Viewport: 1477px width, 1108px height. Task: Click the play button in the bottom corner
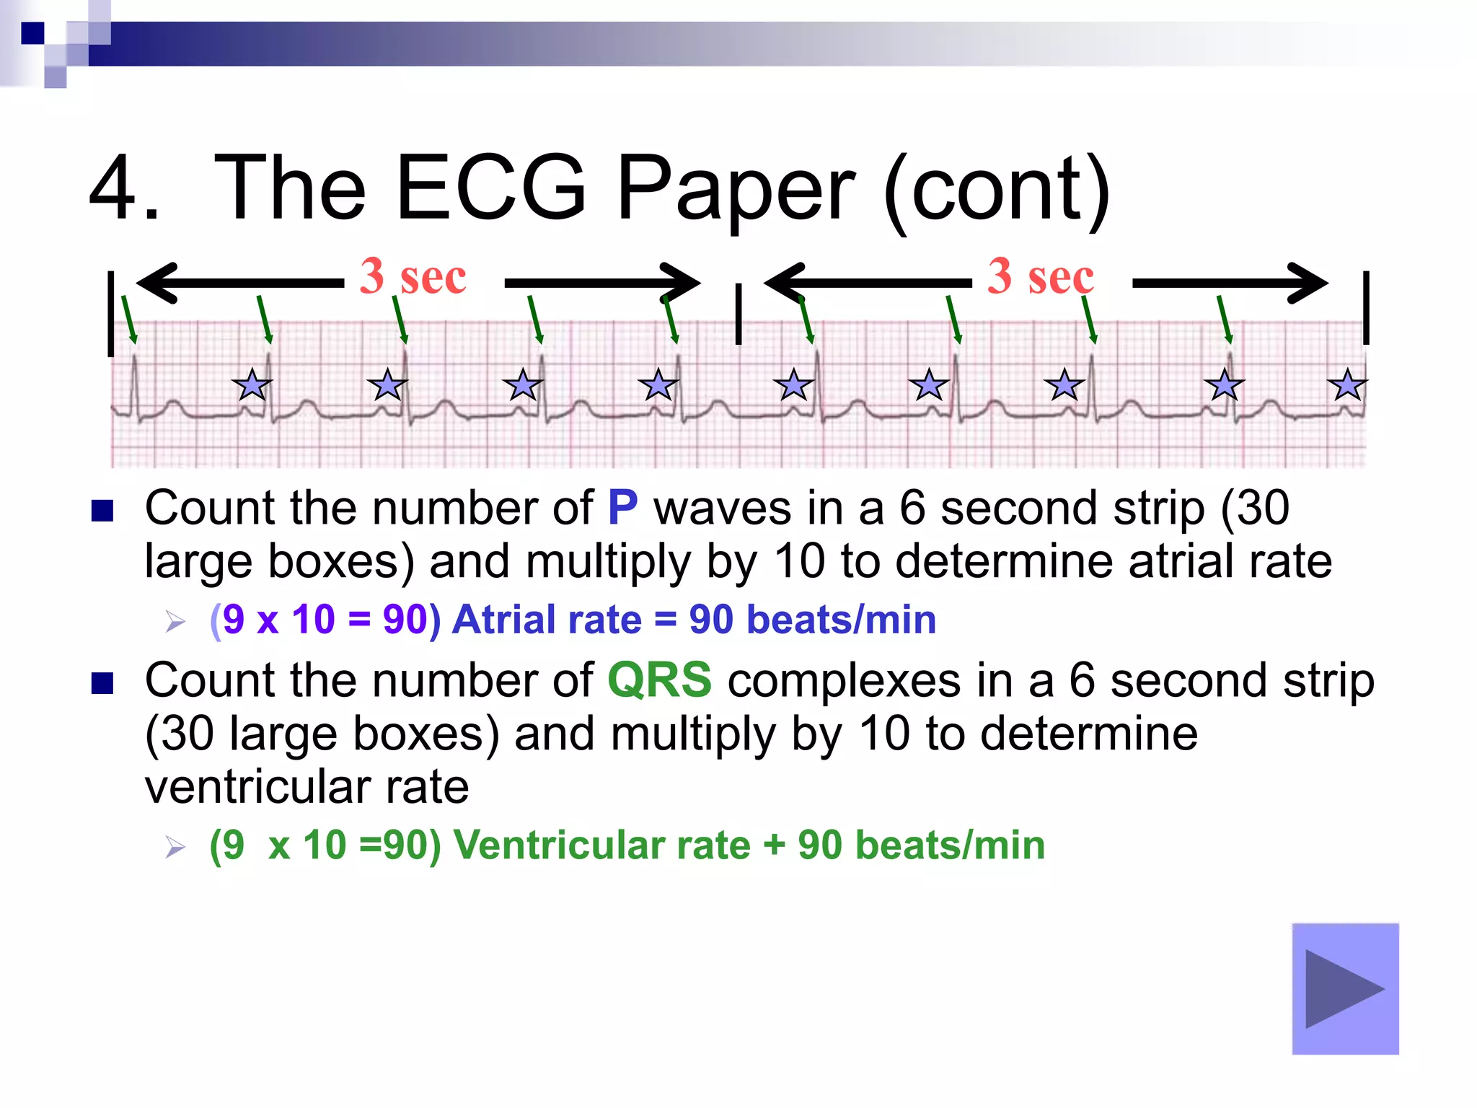click(1345, 988)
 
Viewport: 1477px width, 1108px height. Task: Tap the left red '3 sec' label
click(413, 276)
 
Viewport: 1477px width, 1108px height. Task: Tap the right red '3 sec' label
click(1040, 276)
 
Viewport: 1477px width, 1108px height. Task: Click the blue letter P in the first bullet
click(622, 508)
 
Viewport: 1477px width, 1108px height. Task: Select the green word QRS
click(659, 680)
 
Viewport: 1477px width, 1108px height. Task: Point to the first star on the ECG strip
click(252, 385)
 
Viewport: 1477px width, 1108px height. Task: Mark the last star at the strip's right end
click(1346, 385)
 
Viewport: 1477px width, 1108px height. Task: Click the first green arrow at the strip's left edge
click(128, 320)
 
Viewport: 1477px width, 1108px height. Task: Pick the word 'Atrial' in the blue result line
click(546, 620)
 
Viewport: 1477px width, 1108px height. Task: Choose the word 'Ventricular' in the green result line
click(601, 845)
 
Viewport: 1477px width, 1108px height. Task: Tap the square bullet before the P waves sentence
click(102, 511)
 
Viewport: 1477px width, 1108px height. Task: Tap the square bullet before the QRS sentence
click(102, 683)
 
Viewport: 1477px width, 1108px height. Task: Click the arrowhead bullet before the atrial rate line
click(175, 621)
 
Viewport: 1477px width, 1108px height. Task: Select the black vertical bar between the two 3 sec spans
click(738, 314)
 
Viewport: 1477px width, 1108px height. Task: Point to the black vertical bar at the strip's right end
click(1366, 308)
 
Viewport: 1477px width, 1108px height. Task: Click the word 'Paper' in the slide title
click(736, 189)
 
